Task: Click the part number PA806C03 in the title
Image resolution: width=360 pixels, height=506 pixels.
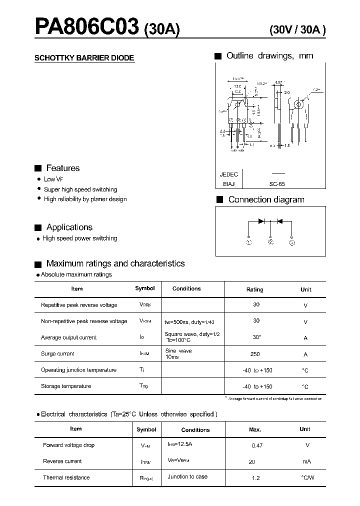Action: (86, 26)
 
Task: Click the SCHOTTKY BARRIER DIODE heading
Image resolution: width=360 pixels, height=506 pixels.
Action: (84, 58)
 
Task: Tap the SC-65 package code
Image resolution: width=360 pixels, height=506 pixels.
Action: (276, 184)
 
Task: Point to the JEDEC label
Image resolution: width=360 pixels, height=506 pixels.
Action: (229, 174)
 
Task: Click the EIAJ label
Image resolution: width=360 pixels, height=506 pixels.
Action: (229, 184)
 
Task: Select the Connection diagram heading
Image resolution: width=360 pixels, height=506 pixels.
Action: (266, 199)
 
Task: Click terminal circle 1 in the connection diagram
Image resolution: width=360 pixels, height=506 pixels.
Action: (249, 242)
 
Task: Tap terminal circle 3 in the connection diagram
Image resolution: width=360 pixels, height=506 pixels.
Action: (292, 242)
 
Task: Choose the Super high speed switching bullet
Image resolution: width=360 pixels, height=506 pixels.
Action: (80, 189)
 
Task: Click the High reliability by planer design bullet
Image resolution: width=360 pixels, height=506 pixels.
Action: (85, 199)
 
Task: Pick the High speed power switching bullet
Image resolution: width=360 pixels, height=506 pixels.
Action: (79, 238)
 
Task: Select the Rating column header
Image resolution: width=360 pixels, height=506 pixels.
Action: (255, 289)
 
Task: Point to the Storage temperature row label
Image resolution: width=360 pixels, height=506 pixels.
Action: (66, 386)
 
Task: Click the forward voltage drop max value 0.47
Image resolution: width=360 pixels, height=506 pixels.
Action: (257, 445)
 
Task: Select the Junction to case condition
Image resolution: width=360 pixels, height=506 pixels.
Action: (187, 476)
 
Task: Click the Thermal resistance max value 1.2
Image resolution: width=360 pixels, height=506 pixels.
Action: (256, 478)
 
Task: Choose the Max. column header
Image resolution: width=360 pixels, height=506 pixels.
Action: (255, 429)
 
